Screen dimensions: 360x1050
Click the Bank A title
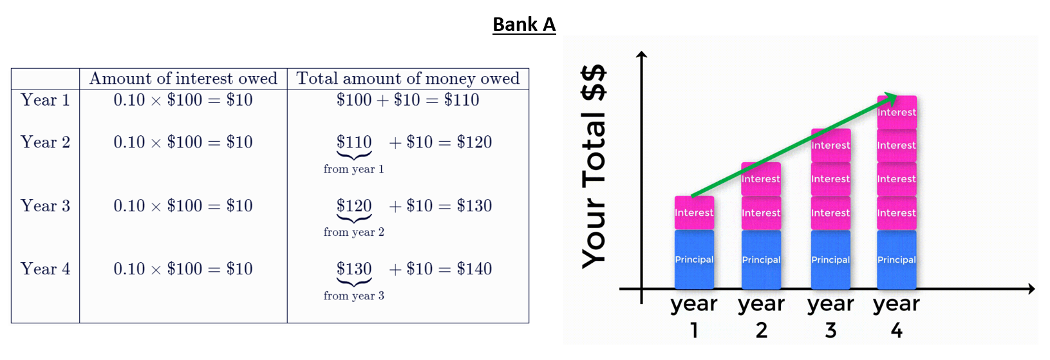[x=523, y=24]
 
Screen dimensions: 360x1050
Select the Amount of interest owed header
[x=183, y=79]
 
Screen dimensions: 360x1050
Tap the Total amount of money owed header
[x=408, y=79]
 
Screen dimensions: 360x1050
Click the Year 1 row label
[x=45, y=100]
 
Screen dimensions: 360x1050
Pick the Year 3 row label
[x=45, y=206]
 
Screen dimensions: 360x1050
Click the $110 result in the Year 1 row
[x=462, y=100]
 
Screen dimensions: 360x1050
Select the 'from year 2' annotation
[x=353, y=232]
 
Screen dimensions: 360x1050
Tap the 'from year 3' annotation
[x=353, y=296]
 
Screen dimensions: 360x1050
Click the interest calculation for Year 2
[x=183, y=142]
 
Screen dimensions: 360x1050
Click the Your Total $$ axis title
[x=594, y=166]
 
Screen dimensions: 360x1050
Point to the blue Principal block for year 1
[x=694, y=259]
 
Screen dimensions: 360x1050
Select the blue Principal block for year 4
[x=896, y=259]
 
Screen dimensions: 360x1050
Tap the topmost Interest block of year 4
[x=896, y=113]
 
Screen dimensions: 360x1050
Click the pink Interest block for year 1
[x=694, y=213]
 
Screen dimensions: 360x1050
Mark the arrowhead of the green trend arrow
[x=892, y=97]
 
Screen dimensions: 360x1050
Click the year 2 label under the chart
[x=761, y=316]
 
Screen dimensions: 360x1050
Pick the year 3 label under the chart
[x=830, y=316]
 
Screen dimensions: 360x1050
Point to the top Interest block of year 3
[x=830, y=146]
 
